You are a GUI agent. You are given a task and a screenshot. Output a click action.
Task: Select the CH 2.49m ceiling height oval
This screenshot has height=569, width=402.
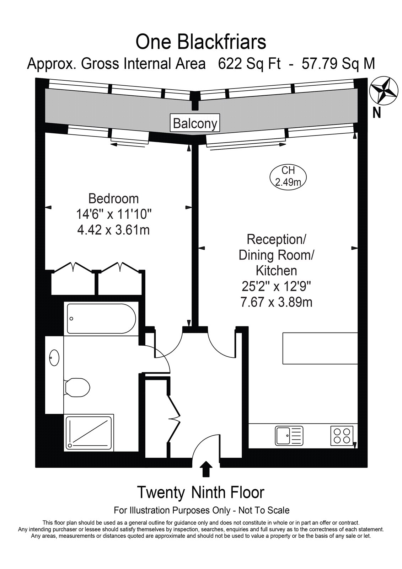tap(288, 176)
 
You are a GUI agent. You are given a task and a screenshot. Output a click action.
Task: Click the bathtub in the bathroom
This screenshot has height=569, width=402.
tap(101, 319)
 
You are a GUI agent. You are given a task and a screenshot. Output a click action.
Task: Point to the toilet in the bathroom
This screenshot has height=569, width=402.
tap(77, 387)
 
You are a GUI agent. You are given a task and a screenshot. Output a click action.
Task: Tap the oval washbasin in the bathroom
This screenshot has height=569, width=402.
tap(54, 358)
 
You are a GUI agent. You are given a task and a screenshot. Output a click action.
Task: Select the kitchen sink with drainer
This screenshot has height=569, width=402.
tap(289, 436)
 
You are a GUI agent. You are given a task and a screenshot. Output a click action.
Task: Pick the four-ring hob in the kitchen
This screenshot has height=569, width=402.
tap(342, 436)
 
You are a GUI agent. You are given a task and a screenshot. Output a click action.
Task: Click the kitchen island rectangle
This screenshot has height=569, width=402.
tap(320, 348)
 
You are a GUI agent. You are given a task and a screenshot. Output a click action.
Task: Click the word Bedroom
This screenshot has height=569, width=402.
tap(113, 199)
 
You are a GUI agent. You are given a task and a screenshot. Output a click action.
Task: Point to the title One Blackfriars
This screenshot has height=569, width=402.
tap(201, 42)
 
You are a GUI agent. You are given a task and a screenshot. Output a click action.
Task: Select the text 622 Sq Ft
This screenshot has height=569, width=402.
tap(249, 64)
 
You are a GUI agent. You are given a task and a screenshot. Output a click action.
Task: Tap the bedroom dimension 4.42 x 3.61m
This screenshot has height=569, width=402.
tap(113, 230)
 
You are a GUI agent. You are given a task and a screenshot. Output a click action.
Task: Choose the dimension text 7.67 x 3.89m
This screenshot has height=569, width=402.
tap(276, 302)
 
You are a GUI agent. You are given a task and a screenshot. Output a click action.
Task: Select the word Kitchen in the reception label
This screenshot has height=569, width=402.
tap(276, 271)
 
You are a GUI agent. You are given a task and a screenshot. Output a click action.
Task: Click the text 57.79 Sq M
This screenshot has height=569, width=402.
tap(338, 64)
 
